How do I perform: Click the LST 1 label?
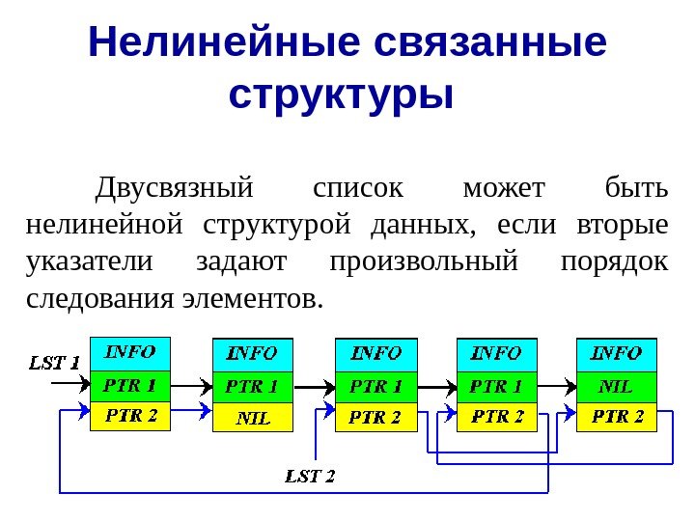pyautogui.click(x=54, y=363)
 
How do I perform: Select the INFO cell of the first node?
pyautogui.click(x=129, y=352)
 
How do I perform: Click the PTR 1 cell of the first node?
pyautogui.click(x=129, y=386)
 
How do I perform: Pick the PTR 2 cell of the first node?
pyautogui.click(x=129, y=416)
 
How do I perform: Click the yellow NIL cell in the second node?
pyautogui.click(x=252, y=418)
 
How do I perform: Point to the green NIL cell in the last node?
pyautogui.click(x=616, y=386)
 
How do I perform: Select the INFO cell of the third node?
pyautogui.click(x=375, y=353)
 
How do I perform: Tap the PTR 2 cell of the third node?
pyautogui.click(x=375, y=417)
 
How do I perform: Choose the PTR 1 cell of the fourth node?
pyautogui.click(x=495, y=386)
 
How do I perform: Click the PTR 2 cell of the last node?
pyautogui.click(x=616, y=417)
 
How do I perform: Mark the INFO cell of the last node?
pyautogui.click(x=616, y=353)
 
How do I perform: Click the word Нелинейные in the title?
pyautogui.click(x=221, y=42)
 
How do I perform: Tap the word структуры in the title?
pyautogui.click(x=342, y=94)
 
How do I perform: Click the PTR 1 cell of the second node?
pyautogui.click(x=252, y=386)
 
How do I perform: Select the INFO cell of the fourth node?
pyautogui.click(x=495, y=353)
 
